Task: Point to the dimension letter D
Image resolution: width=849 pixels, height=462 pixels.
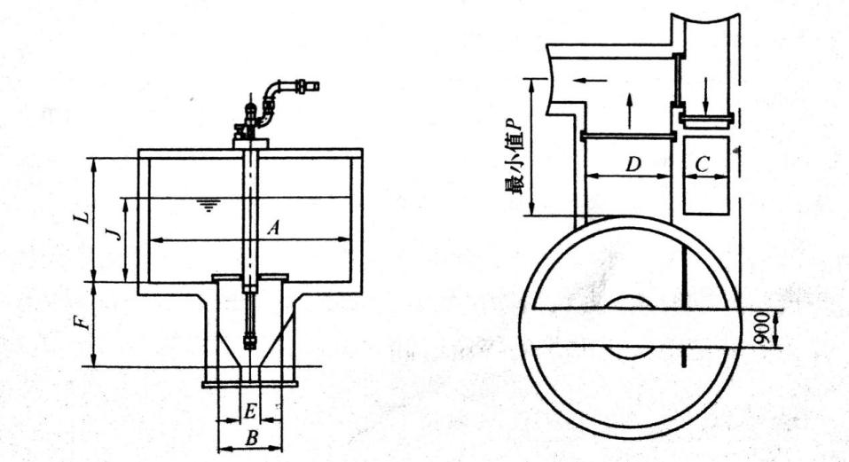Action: tap(633, 164)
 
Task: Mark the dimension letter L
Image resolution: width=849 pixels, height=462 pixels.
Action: tap(81, 217)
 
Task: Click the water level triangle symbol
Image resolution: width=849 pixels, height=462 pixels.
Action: tap(208, 206)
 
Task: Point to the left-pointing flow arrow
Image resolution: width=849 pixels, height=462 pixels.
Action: tap(589, 81)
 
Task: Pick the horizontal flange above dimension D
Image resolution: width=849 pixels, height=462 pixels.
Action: tap(628, 136)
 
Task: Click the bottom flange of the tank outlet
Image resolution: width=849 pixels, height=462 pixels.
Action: tap(250, 384)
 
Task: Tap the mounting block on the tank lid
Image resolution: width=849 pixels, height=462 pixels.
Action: tap(251, 139)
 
